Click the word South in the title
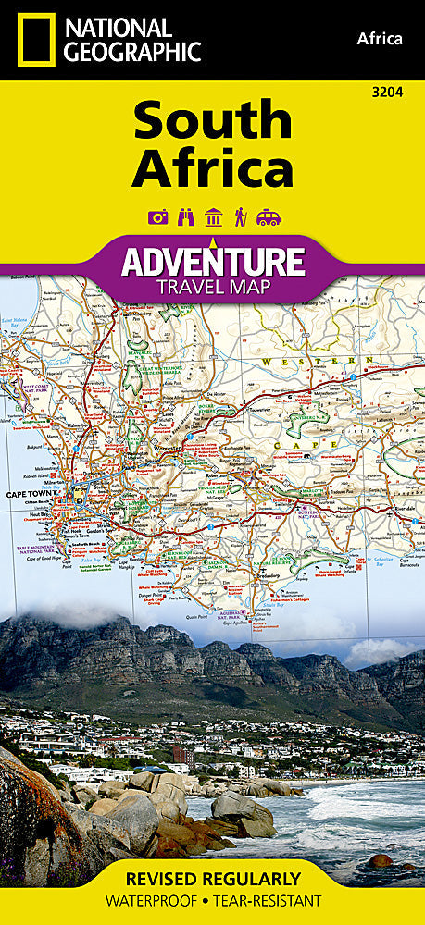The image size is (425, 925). click(212, 121)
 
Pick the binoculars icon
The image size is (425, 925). click(185, 218)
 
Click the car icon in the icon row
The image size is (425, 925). click(269, 218)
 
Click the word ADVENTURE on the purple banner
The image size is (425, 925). click(212, 260)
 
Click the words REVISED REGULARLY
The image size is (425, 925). click(212, 879)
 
